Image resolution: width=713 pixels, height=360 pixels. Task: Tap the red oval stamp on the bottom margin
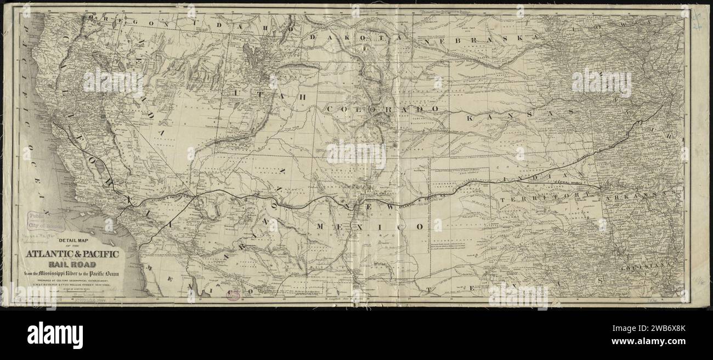coord(234,295)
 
